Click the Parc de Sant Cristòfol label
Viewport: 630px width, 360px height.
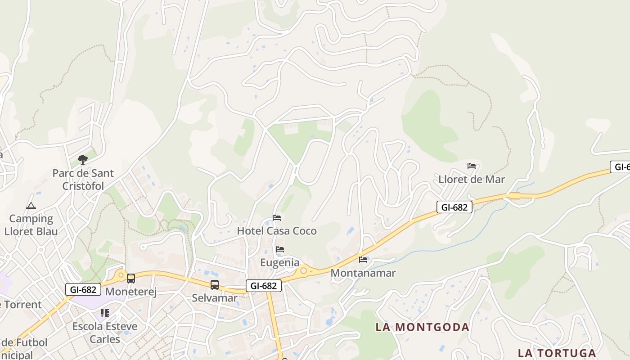[x=83, y=180]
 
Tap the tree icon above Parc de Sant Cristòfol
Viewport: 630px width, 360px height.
[x=82, y=159]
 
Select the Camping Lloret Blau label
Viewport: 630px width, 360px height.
[x=31, y=225]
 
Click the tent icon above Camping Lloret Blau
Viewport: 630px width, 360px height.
[x=31, y=206]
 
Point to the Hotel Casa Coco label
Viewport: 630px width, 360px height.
[x=277, y=231]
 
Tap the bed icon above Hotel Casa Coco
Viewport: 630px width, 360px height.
[x=277, y=218]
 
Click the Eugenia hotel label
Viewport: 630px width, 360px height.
[x=279, y=262]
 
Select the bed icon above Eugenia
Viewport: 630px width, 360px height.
[x=280, y=249]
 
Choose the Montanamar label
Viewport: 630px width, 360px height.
[x=363, y=273]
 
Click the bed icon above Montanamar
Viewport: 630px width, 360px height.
[x=363, y=259]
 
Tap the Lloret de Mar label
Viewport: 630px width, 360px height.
[x=472, y=179]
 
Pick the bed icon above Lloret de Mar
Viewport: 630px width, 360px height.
[x=472, y=166]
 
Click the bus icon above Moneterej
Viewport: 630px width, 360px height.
[x=131, y=279]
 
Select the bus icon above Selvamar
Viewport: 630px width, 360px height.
[x=215, y=284]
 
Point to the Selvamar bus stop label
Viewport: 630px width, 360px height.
[x=215, y=297]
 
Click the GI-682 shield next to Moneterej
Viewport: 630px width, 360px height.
[x=83, y=289]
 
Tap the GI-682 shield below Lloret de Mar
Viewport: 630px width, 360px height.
[x=454, y=207]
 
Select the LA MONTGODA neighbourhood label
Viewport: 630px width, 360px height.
[x=422, y=327]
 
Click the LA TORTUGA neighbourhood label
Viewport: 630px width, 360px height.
[x=557, y=353]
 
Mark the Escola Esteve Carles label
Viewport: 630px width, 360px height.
[x=105, y=332]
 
